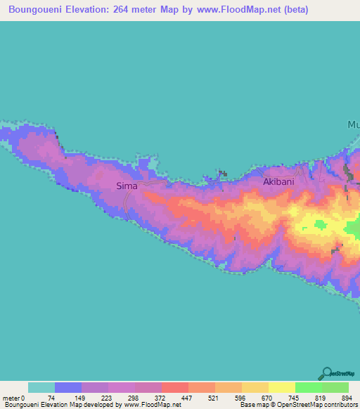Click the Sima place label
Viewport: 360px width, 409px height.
point(127,186)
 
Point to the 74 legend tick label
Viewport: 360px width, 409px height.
point(56,397)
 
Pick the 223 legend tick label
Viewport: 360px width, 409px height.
point(109,397)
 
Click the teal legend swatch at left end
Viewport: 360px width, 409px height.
point(41,387)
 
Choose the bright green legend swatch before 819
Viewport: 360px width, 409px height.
point(309,387)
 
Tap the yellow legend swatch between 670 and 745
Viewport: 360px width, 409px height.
point(282,387)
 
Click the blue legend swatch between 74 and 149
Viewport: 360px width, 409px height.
point(68,387)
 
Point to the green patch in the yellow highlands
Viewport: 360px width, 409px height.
point(321,225)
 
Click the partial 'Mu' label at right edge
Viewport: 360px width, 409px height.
point(353,125)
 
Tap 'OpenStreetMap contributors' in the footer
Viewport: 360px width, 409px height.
point(319,405)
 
